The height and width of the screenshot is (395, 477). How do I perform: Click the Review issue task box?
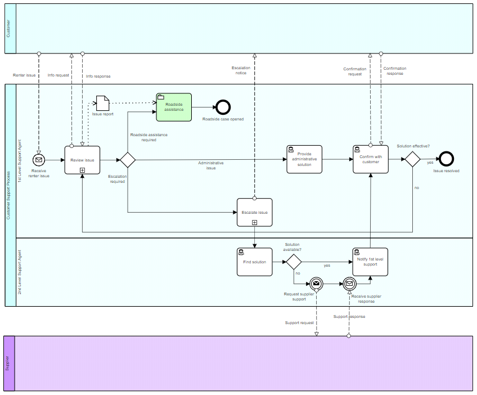pyautogui.click(x=82, y=160)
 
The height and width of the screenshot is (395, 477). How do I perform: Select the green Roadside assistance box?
pyautogui.click(x=174, y=106)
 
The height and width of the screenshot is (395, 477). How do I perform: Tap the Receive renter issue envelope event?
pyautogui.click(x=39, y=160)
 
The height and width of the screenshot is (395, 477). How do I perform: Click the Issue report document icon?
pyautogui.click(x=102, y=102)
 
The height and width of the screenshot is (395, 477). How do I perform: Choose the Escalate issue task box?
pyautogui.click(x=254, y=212)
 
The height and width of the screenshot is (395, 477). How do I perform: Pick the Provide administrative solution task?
pyautogui.click(x=304, y=159)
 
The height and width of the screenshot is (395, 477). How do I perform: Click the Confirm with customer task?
pyautogui.click(x=371, y=159)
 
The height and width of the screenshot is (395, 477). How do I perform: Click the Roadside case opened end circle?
pyautogui.click(x=223, y=106)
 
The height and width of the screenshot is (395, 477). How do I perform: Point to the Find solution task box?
pyautogui.click(x=254, y=262)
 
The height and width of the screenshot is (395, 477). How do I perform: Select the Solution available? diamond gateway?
pyautogui.click(x=294, y=262)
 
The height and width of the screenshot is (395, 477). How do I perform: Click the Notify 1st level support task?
pyautogui.click(x=371, y=262)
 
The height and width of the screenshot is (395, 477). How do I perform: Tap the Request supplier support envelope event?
pyautogui.click(x=316, y=284)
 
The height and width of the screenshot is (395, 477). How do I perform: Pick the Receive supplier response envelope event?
pyautogui.click(x=349, y=284)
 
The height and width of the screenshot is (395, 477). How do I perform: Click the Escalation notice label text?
pyautogui.click(x=241, y=70)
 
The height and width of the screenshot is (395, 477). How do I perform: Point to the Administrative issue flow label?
pyautogui.click(x=211, y=165)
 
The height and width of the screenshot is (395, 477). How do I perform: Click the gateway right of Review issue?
pyautogui.click(x=128, y=160)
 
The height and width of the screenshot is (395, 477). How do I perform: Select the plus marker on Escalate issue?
pyautogui.click(x=254, y=222)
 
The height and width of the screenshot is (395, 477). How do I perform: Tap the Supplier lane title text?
pyautogui.click(x=8, y=363)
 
